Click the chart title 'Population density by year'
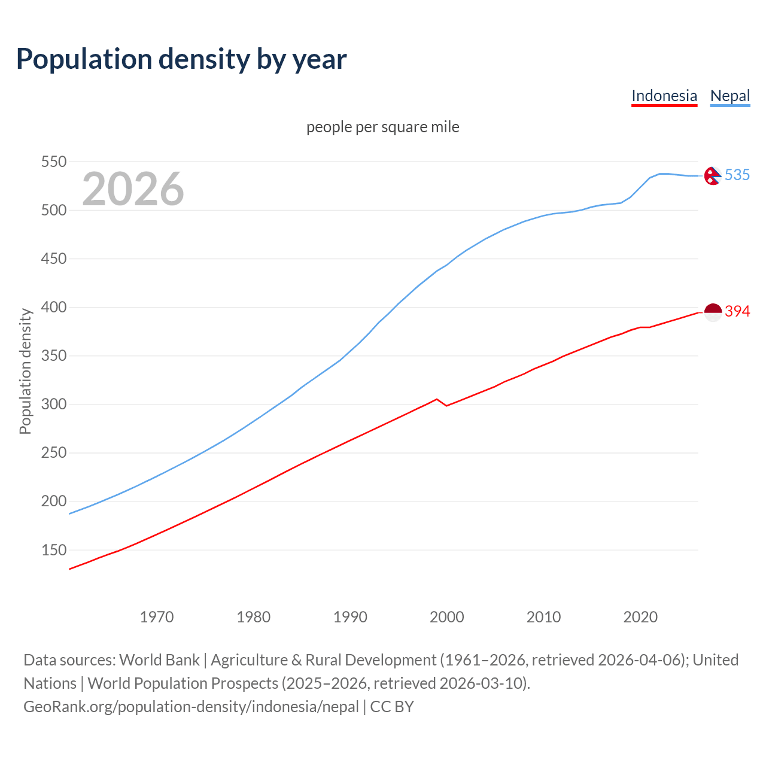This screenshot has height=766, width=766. point(181,59)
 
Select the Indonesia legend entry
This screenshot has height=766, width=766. point(664,96)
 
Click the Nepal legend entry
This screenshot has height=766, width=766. point(729,96)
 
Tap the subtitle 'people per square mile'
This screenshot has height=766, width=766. point(382,127)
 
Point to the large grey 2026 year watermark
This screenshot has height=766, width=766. point(133,189)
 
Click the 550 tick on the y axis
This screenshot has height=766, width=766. point(53,162)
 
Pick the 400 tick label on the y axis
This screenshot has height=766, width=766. point(53,308)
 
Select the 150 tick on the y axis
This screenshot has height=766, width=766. point(53,550)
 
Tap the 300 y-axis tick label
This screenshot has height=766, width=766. point(53,405)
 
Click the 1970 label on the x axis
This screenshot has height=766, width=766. point(157,617)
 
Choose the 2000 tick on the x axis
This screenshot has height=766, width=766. point(447,617)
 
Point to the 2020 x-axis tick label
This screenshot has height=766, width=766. point(640,617)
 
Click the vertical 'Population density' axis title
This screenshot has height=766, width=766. point(25,371)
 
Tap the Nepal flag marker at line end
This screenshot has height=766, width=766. point(712,175)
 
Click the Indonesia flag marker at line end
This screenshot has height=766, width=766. point(713,312)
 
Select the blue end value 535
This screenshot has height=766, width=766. point(737,175)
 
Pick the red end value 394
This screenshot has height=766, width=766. point(737,311)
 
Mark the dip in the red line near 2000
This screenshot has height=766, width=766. point(446,406)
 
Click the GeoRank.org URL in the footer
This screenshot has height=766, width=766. point(191,707)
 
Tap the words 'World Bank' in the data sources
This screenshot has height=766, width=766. point(159,660)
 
